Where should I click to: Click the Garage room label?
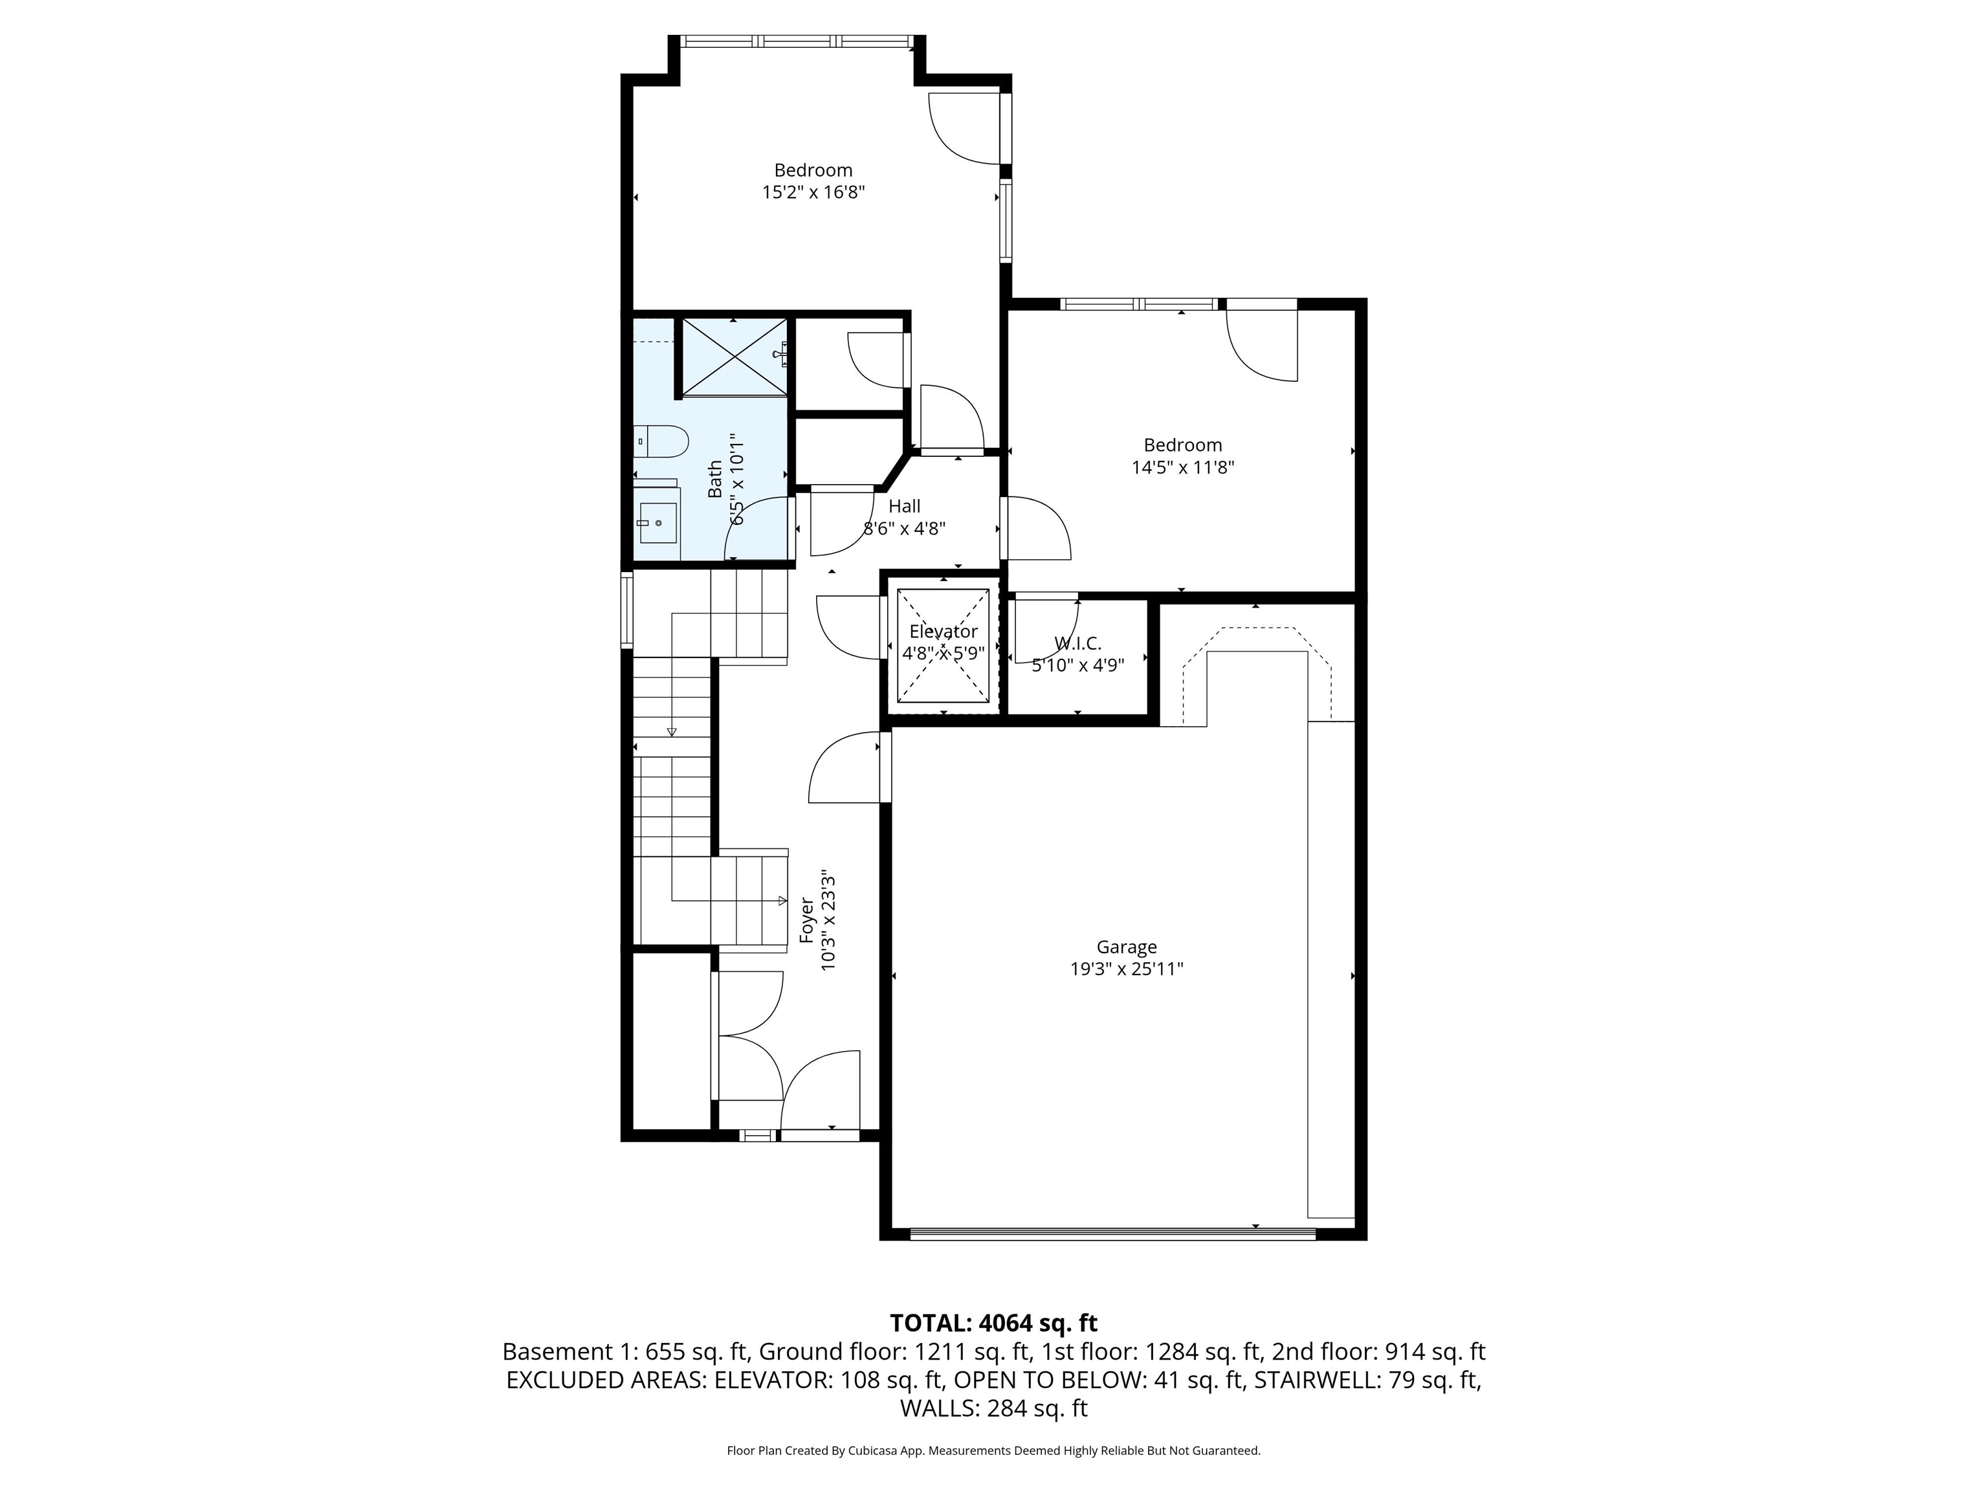pyautogui.click(x=1125, y=946)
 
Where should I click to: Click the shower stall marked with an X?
pyautogui.click(x=734, y=357)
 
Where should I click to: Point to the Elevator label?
pyautogui.click(x=943, y=631)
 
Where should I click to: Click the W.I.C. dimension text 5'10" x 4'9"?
pyautogui.click(x=1077, y=665)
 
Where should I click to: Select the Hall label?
pyautogui.click(x=904, y=506)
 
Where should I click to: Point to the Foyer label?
pyautogui.click(x=806, y=920)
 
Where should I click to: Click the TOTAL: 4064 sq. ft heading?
pyautogui.click(x=993, y=1323)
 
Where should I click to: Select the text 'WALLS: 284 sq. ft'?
pyautogui.click(x=993, y=1408)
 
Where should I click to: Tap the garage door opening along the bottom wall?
pyautogui.click(x=1112, y=1235)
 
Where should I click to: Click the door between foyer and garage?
pyautogui.click(x=885, y=767)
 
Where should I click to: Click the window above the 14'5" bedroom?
pyautogui.click(x=1139, y=304)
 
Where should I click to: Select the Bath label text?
pyautogui.click(x=715, y=479)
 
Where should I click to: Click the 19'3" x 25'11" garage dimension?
pyautogui.click(x=1125, y=969)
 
